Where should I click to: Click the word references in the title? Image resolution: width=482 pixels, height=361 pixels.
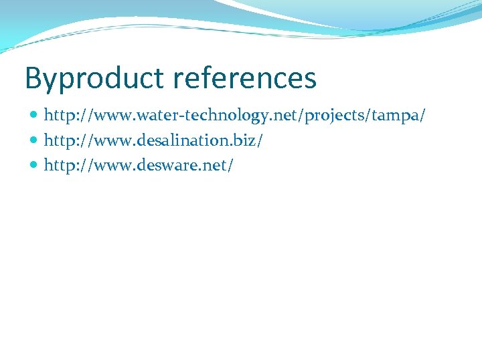click(244, 78)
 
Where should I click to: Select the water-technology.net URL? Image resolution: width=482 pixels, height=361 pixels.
click(235, 116)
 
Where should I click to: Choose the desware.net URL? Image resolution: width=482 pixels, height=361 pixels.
click(139, 164)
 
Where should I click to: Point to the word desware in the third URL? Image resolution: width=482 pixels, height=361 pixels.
click(163, 164)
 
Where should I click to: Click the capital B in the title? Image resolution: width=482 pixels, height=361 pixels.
click(33, 78)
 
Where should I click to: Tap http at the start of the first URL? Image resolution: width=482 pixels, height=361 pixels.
click(59, 116)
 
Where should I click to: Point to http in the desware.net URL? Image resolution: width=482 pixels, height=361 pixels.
click(59, 164)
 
